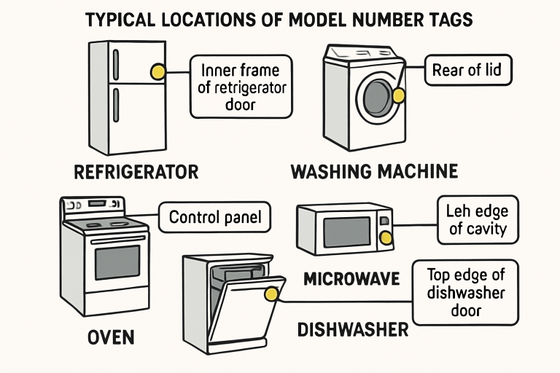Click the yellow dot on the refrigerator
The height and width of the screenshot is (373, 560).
(x=157, y=71)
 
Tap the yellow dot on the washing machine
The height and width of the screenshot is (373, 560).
(x=398, y=95)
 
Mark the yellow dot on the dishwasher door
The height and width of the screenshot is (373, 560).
(x=272, y=294)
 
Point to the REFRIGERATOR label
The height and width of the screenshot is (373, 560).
(x=136, y=173)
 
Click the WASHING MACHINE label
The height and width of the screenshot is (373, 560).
(x=374, y=173)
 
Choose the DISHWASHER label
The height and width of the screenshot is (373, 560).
(x=353, y=329)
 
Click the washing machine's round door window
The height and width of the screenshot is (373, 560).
(x=378, y=95)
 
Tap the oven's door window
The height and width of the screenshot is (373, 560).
(x=117, y=262)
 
